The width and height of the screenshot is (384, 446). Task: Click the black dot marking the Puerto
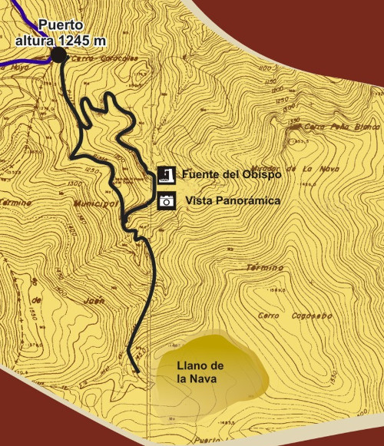pos(59,55)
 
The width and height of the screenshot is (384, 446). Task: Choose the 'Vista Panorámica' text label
pos(229,201)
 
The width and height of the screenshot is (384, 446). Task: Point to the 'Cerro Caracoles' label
pos(98,57)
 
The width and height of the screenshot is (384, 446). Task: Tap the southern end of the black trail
pos(137,372)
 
